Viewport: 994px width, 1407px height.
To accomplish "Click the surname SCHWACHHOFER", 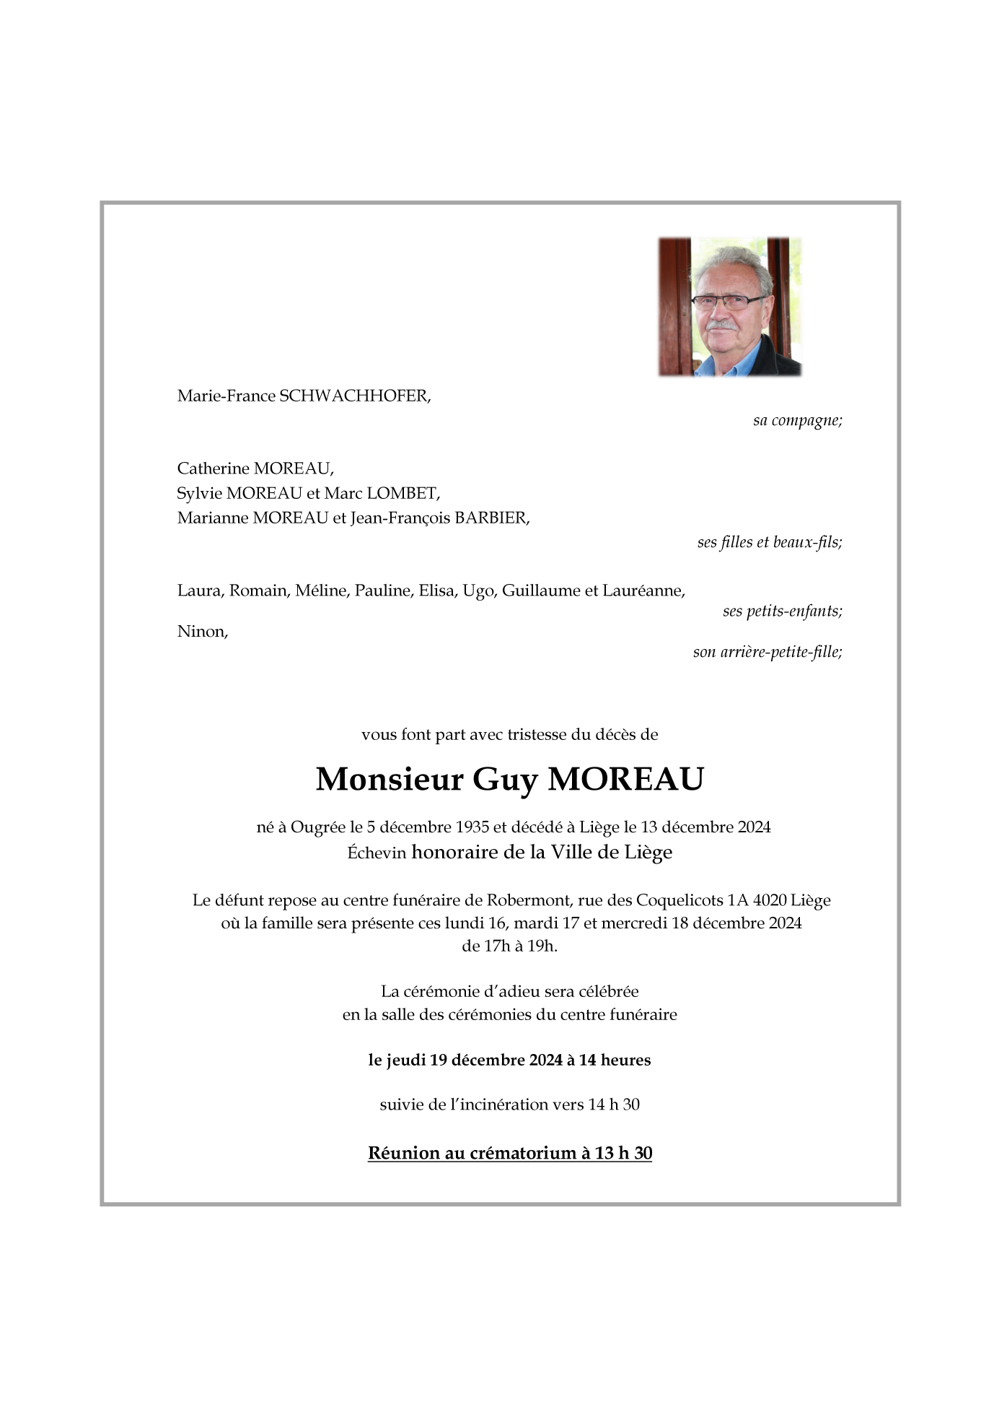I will pyautogui.click(x=354, y=396).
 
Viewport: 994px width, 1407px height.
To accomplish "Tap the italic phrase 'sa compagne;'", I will pyautogui.click(x=797, y=420).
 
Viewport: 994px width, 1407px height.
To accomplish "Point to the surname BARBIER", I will pyautogui.click(x=491, y=518).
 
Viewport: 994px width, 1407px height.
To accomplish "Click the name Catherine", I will pyautogui.click(x=213, y=469).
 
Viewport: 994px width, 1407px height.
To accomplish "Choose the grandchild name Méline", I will pyautogui.click(x=320, y=591).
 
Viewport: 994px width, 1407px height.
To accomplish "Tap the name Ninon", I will pyautogui.click(x=202, y=632).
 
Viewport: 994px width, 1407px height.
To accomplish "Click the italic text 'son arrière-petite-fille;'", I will pyautogui.click(x=768, y=653).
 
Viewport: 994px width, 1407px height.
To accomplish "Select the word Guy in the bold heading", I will pyautogui.click(x=505, y=780).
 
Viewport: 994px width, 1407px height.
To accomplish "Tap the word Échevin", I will pyautogui.click(x=377, y=853).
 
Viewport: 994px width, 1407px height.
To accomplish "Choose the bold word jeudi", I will pyautogui.click(x=405, y=1060).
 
